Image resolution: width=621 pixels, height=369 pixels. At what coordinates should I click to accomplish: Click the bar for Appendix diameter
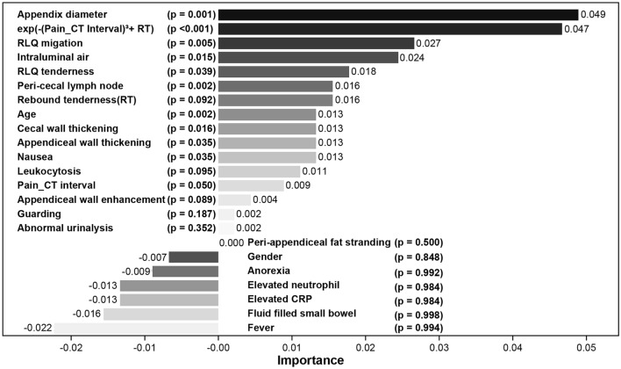tap(398, 14)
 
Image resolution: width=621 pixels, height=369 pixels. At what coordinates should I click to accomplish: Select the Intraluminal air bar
tap(308, 57)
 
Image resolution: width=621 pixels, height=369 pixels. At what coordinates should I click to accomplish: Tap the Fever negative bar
tap(136, 328)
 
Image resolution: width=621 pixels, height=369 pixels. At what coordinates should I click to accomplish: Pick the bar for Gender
tap(193, 257)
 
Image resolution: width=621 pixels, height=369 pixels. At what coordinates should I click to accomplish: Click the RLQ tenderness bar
tap(283, 71)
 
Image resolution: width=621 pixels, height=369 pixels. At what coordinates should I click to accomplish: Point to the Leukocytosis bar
tap(259, 171)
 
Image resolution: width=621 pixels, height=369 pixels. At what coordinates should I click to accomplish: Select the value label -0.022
tap(38, 328)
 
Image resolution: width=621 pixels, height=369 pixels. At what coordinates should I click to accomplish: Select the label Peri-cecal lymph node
tap(71, 85)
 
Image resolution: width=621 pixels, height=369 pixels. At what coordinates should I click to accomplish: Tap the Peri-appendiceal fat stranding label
tap(319, 242)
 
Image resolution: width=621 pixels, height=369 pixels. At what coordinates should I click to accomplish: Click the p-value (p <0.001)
tap(189, 29)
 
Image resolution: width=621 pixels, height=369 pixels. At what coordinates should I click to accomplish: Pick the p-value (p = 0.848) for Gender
tap(418, 257)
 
